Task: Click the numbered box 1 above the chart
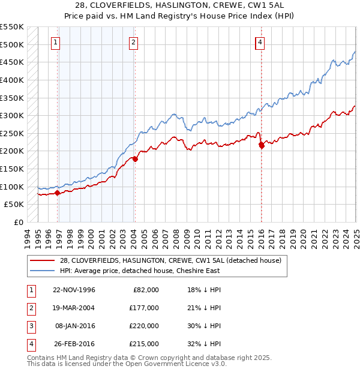(x=55, y=42)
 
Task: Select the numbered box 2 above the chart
(x=133, y=42)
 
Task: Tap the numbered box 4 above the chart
(x=260, y=42)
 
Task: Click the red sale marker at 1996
(x=58, y=193)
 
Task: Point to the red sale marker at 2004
(x=135, y=159)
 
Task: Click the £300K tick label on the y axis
(x=12, y=115)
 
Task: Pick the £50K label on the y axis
(x=14, y=205)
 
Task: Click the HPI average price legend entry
(x=140, y=271)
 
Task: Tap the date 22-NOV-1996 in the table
(x=74, y=290)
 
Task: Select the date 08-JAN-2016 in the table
(x=74, y=326)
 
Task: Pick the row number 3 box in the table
(x=29, y=326)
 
